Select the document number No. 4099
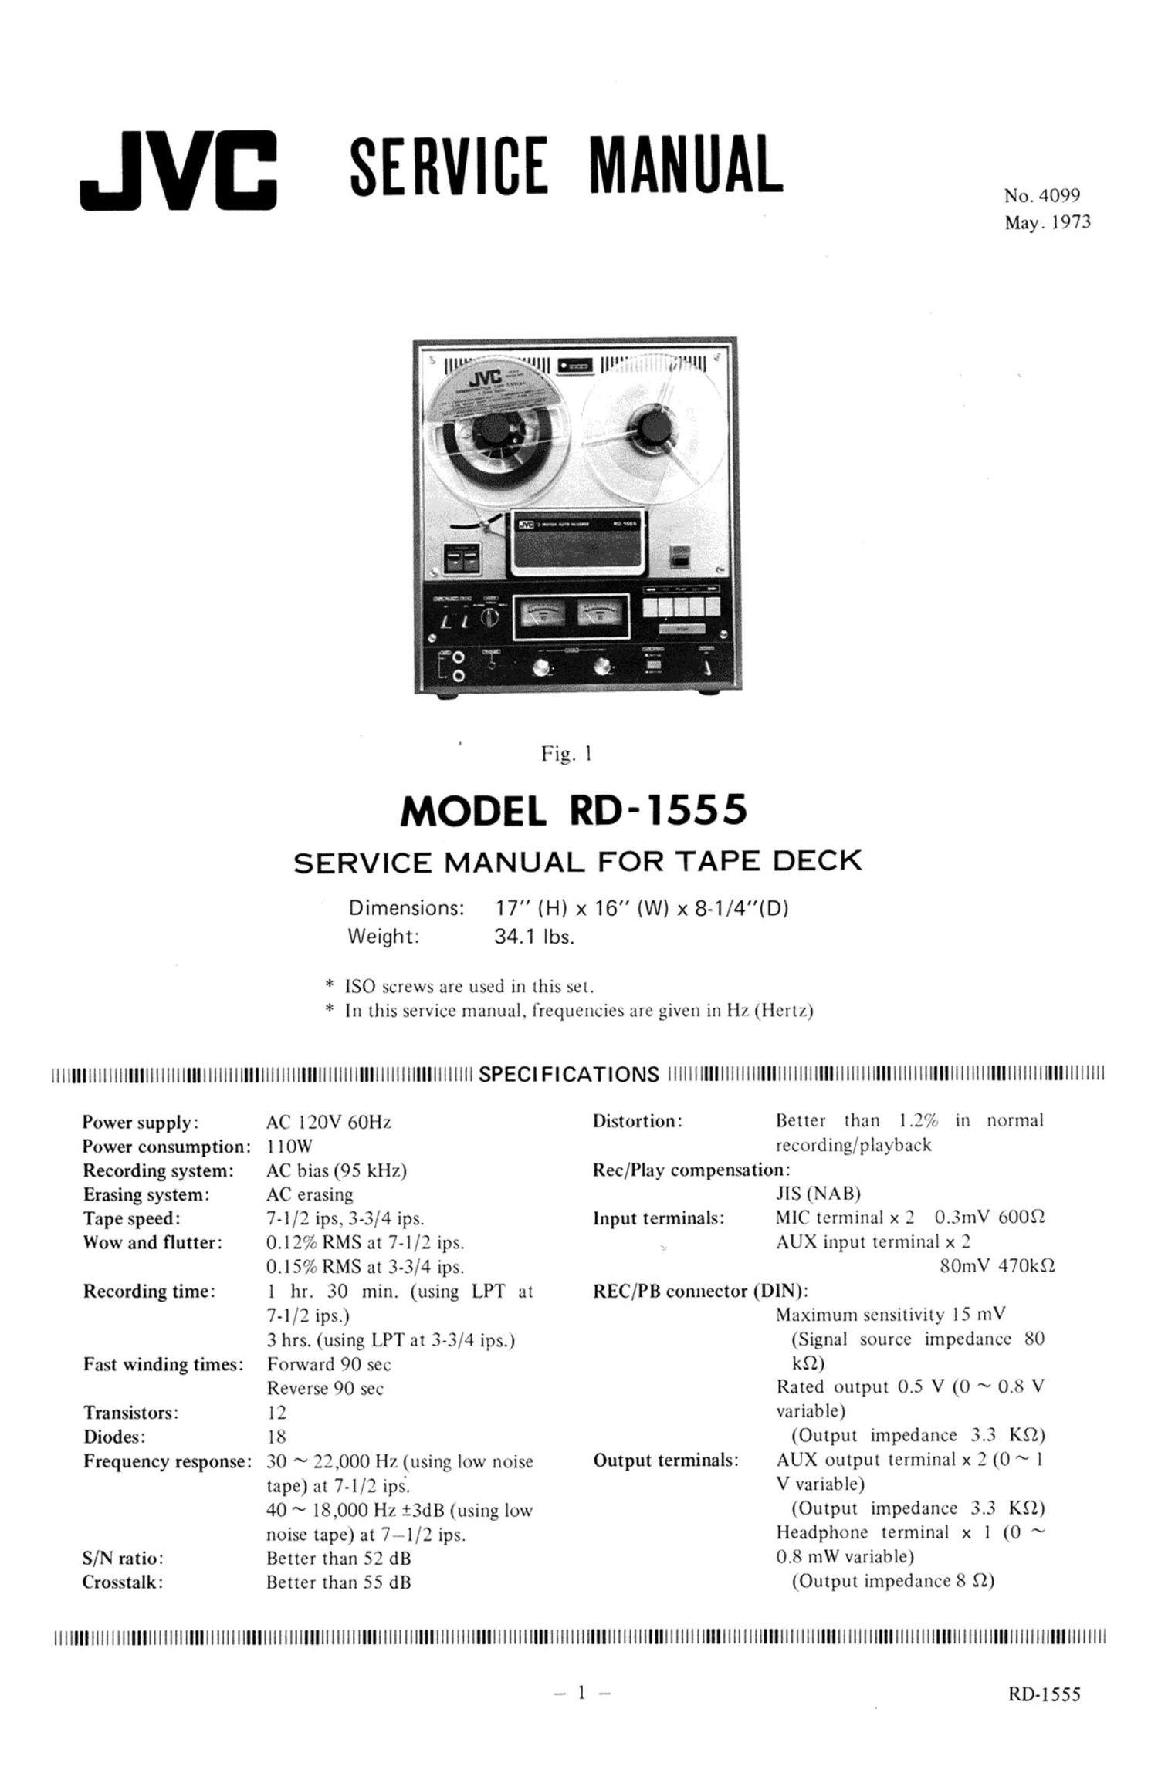pos(1041,196)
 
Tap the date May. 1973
pos(1047,223)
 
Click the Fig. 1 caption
pos(567,754)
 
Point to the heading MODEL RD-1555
pos(574,811)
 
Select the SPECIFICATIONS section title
pos(569,1074)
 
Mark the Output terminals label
pos(665,1461)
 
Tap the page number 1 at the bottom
pos(583,1693)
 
